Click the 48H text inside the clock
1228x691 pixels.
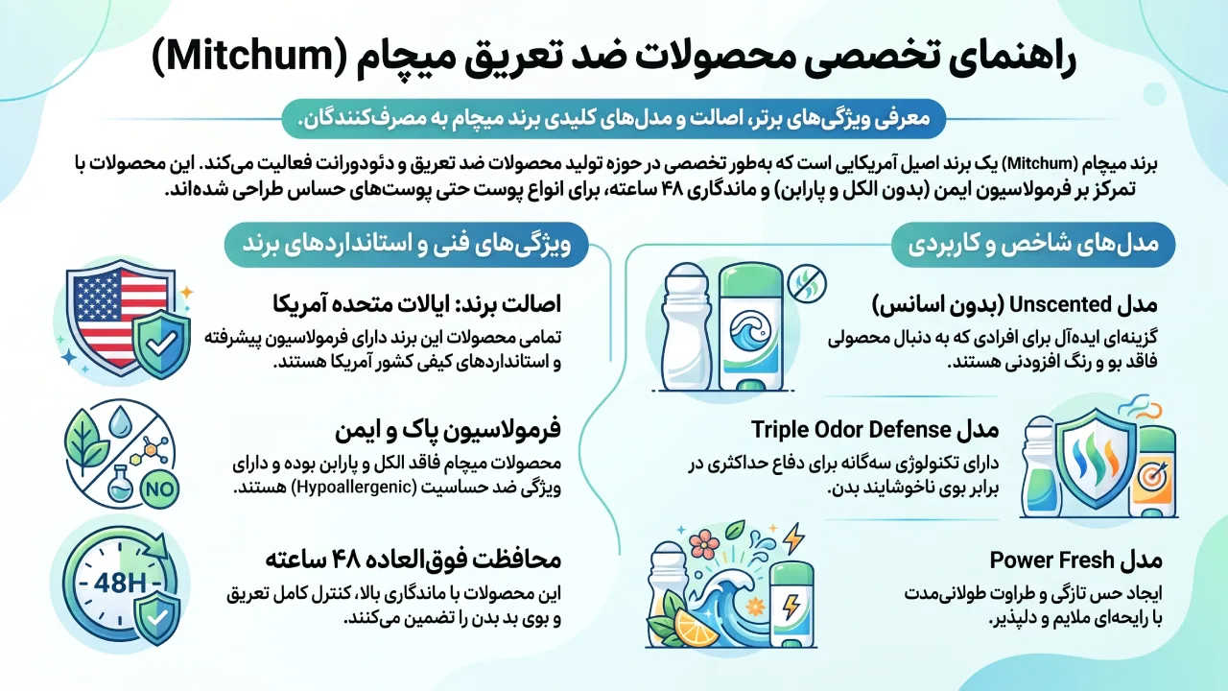(x=120, y=582)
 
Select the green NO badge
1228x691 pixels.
(x=159, y=488)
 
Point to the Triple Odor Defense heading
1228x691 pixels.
(x=875, y=429)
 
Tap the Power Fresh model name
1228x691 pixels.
(x=1052, y=560)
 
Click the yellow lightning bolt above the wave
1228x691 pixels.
(x=792, y=537)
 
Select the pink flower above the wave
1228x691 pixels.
(x=702, y=544)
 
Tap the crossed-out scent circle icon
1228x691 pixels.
(x=807, y=283)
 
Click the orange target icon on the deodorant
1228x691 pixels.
(x=1152, y=476)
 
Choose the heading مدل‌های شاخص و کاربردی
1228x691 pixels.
(x=1033, y=245)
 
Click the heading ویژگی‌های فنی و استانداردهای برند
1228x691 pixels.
(x=406, y=245)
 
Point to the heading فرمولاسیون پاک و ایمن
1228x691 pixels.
(x=448, y=430)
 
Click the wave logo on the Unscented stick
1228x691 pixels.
(x=750, y=333)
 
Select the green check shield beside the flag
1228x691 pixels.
(x=162, y=344)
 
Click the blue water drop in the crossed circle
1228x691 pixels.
(x=118, y=420)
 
